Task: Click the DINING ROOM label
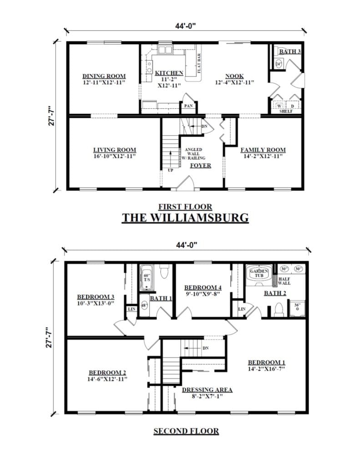pos(104,76)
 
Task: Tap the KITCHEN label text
pos(169,73)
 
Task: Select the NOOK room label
pos(234,76)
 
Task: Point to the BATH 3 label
pos(290,51)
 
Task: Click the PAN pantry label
pos(188,106)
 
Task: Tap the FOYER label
pos(200,165)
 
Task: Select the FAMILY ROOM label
pos(263,150)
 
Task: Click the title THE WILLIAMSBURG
pos(185,218)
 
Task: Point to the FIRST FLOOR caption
pos(185,206)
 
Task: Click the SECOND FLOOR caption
pos(186,431)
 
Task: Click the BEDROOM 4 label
pos(203,288)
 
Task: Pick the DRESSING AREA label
pos(207,390)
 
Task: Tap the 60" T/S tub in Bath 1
pos(147,278)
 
